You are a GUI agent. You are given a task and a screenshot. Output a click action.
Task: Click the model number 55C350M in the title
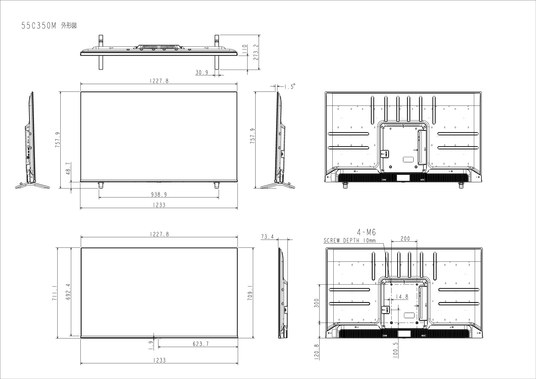tap(39, 26)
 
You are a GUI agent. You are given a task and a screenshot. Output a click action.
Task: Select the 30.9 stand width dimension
tap(202, 72)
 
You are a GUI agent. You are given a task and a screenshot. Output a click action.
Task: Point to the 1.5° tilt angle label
tap(290, 86)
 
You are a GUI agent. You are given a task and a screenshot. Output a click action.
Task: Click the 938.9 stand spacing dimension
tap(159, 194)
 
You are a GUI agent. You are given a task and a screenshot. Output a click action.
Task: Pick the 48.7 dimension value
tap(68, 169)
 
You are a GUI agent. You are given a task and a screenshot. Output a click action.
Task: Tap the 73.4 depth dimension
tap(267, 237)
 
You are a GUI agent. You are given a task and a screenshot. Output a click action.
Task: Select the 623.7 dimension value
tap(201, 344)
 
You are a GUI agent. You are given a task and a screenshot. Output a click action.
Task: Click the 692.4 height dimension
tap(68, 292)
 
